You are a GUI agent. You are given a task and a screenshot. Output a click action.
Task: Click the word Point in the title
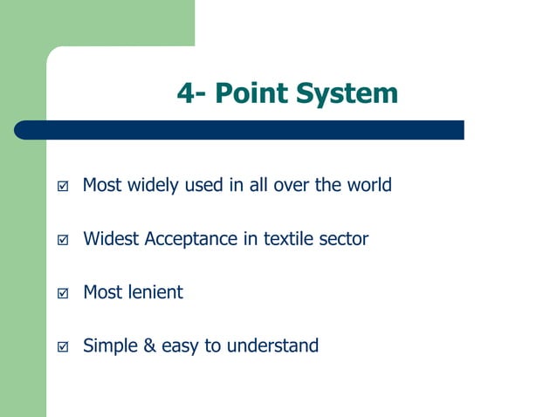click(x=251, y=92)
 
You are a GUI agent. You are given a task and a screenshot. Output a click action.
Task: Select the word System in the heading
click(x=347, y=92)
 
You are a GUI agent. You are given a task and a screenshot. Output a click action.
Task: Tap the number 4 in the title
click(x=185, y=92)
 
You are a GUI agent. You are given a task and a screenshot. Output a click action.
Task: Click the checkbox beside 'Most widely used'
click(x=61, y=187)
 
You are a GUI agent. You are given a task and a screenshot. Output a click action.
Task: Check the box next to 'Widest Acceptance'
click(x=61, y=240)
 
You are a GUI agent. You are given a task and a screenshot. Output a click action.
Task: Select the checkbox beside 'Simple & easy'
click(x=61, y=347)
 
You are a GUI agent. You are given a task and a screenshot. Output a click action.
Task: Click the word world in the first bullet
click(x=368, y=185)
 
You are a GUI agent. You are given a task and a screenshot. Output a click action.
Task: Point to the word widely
click(x=155, y=185)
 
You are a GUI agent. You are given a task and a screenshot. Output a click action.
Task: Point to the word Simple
click(x=108, y=346)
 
